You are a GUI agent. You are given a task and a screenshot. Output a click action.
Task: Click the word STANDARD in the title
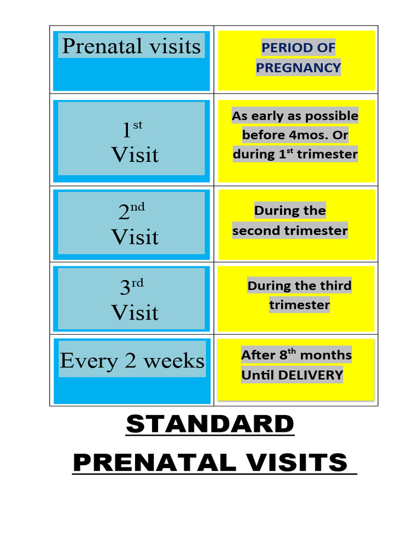210,424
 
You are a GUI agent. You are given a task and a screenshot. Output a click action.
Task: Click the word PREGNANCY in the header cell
299,68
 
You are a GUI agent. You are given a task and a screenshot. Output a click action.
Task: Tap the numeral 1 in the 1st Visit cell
126,131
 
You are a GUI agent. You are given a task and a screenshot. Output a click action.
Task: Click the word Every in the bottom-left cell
81,361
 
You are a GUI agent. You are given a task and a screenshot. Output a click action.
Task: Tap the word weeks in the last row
174,361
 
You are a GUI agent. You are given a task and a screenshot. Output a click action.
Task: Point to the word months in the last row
326,355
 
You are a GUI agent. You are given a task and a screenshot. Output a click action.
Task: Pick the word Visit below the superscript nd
135,237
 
